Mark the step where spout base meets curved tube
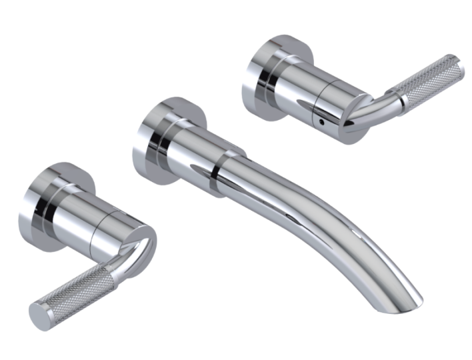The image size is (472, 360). point(217,172)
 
